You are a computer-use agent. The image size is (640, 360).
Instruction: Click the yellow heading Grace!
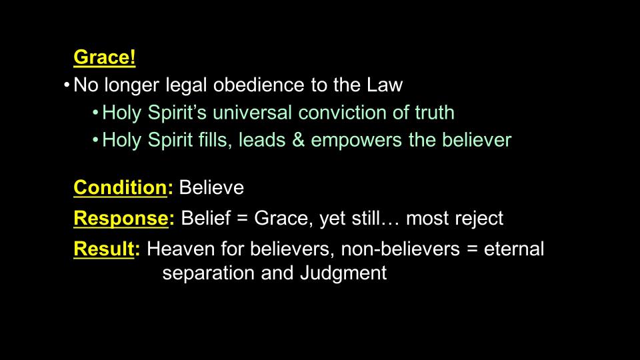(105, 57)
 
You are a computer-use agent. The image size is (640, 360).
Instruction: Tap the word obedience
(259, 85)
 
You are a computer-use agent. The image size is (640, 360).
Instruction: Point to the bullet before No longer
(67, 85)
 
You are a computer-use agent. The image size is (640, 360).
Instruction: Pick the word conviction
(342, 112)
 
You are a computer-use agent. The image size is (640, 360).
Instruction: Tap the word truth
(435, 112)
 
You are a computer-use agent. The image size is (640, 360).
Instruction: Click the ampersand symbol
(299, 139)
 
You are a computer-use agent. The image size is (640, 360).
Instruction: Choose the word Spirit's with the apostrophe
(177, 113)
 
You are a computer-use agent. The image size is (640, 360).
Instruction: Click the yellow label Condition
(121, 187)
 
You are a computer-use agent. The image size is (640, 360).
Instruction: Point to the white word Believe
(211, 188)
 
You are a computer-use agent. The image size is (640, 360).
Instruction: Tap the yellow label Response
(121, 219)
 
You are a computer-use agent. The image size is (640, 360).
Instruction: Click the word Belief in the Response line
(206, 218)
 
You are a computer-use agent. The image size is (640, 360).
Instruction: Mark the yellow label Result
(104, 249)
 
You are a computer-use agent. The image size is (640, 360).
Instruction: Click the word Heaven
(181, 249)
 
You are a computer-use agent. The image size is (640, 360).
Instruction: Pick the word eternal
(513, 249)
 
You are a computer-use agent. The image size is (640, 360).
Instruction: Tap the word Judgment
(343, 273)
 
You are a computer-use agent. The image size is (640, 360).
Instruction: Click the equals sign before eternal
(472, 249)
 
